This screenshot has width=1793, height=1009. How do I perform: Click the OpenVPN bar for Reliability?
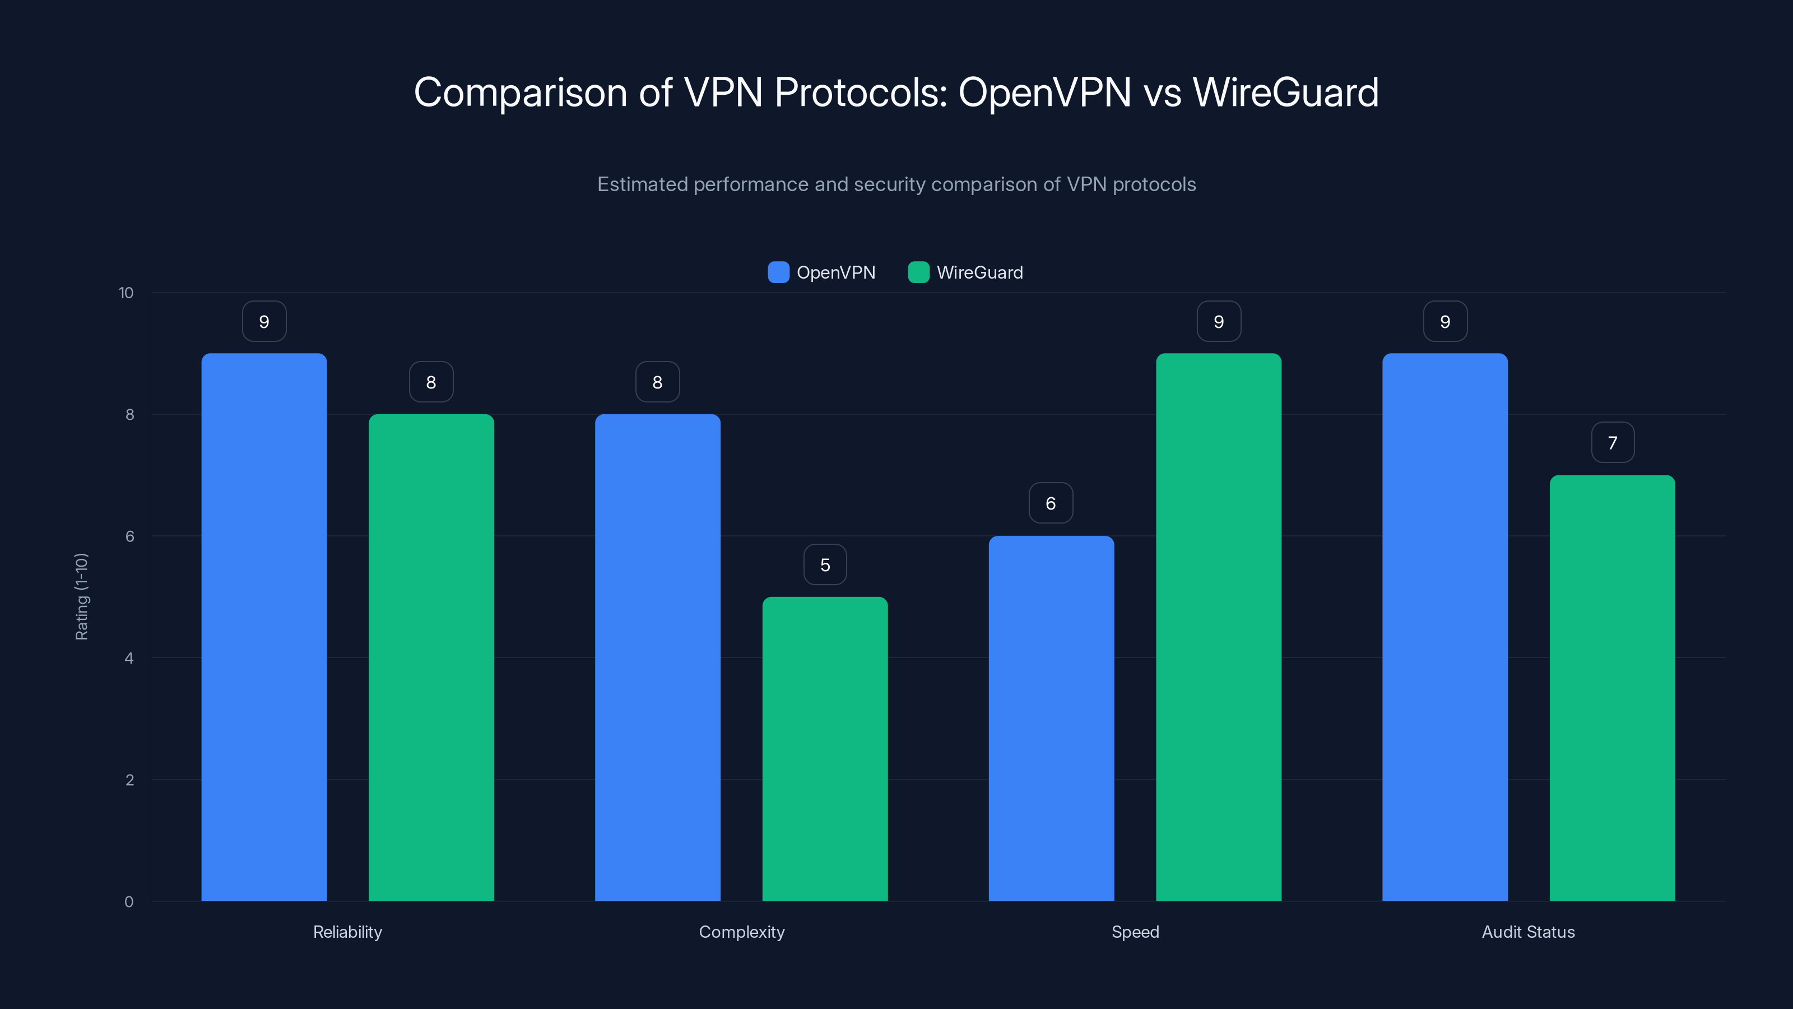(x=264, y=627)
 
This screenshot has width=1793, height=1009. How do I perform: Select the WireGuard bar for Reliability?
(x=431, y=658)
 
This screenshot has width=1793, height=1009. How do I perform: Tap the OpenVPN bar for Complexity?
(x=657, y=658)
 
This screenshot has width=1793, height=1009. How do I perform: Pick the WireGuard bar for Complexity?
(x=825, y=748)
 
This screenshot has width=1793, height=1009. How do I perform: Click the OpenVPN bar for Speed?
(x=1051, y=718)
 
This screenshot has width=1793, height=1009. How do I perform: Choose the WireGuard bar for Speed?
(x=1218, y=627)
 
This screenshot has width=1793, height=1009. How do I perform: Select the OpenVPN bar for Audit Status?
(x=1445, y=627)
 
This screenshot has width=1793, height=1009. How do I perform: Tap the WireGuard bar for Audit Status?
(x=1612, y=688)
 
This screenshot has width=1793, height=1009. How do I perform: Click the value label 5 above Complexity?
(x=825, y=564)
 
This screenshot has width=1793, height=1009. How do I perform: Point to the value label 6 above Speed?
(x=1051, y=503)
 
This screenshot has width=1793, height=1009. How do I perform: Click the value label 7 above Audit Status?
(x=1613, y=443)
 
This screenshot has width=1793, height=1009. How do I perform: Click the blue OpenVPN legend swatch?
(x=778, y=272)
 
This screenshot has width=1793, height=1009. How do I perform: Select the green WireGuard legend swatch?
(x=919, y=272)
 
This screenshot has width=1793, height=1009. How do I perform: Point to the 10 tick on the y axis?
(x=126, y=293)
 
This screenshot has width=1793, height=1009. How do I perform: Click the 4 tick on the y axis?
(x=129, y=658)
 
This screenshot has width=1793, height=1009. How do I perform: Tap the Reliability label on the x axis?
(x=347, y=932)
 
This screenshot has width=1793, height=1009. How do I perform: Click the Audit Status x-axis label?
(x=1528, y=932)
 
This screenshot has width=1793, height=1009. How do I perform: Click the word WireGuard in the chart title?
(x=1285, y=92)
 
